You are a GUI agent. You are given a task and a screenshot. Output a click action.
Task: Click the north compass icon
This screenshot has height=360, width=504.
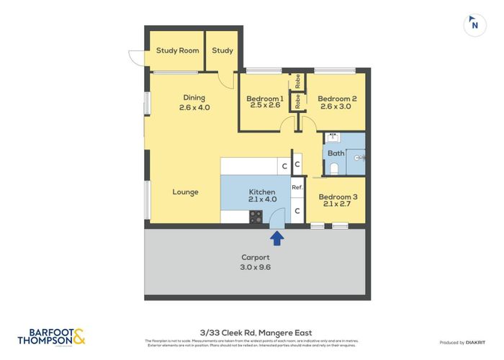[474, 24]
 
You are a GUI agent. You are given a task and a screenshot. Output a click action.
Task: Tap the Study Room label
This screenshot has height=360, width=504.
[178, 50]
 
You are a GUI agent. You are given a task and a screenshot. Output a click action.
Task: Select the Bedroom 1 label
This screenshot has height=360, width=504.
[264, 99]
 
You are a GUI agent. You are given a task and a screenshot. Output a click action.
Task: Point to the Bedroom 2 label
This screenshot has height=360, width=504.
[337, 99]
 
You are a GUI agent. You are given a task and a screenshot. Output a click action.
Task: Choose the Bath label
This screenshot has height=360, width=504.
[336, 153]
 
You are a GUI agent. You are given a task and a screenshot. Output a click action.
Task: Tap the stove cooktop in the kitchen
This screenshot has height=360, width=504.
[256, 216]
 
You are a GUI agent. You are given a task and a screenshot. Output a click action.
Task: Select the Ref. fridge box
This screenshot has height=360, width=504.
[297, 187]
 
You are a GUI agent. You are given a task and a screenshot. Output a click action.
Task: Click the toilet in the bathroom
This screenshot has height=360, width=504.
[334, 168]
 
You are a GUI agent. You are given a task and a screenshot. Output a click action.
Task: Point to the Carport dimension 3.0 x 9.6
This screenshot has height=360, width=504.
[256, 267]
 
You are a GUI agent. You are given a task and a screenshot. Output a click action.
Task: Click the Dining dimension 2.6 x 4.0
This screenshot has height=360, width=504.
[194, 108]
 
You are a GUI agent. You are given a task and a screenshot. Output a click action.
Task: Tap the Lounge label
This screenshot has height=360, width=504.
[186, 192]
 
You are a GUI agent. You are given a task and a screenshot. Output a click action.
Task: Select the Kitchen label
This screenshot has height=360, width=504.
[262, 192]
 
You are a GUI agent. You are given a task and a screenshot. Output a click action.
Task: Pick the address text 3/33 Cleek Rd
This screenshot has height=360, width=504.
[251, 330]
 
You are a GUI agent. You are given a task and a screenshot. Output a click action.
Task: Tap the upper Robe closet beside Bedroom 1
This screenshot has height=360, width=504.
[297, 81]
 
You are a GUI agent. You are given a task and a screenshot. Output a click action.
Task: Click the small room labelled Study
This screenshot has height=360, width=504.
[222, 50]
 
